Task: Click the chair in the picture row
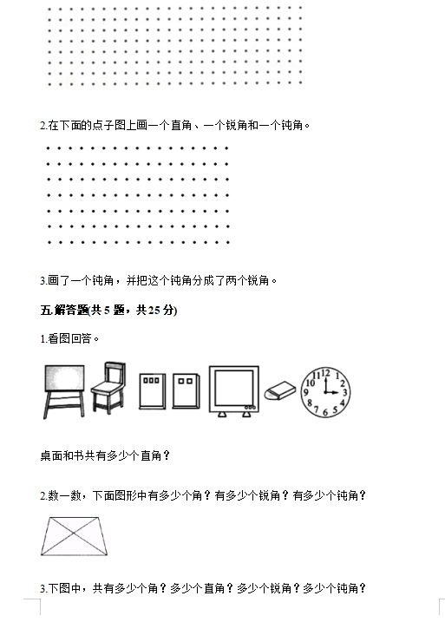pos(108,387)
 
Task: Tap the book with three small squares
pos(152,391)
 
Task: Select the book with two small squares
pos(186,391)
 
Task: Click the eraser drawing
pos(280,390)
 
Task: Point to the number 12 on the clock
pos(325,373)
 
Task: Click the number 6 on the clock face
pos(325,413)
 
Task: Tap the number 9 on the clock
pos(305,392)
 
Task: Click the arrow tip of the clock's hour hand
pos(338,393)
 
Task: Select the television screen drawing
pos(234,391)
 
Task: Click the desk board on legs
pos(64,391)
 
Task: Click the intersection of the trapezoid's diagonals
pos(74,534)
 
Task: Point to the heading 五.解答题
pos(64,311)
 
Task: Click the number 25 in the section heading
pos(154,311)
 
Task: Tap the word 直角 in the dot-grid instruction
pos(181,125)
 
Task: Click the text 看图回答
pos(69,339)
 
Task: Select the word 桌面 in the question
pos(51,455)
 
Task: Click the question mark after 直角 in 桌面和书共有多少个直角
pos(167,455)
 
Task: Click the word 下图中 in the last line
pos(65,588)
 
